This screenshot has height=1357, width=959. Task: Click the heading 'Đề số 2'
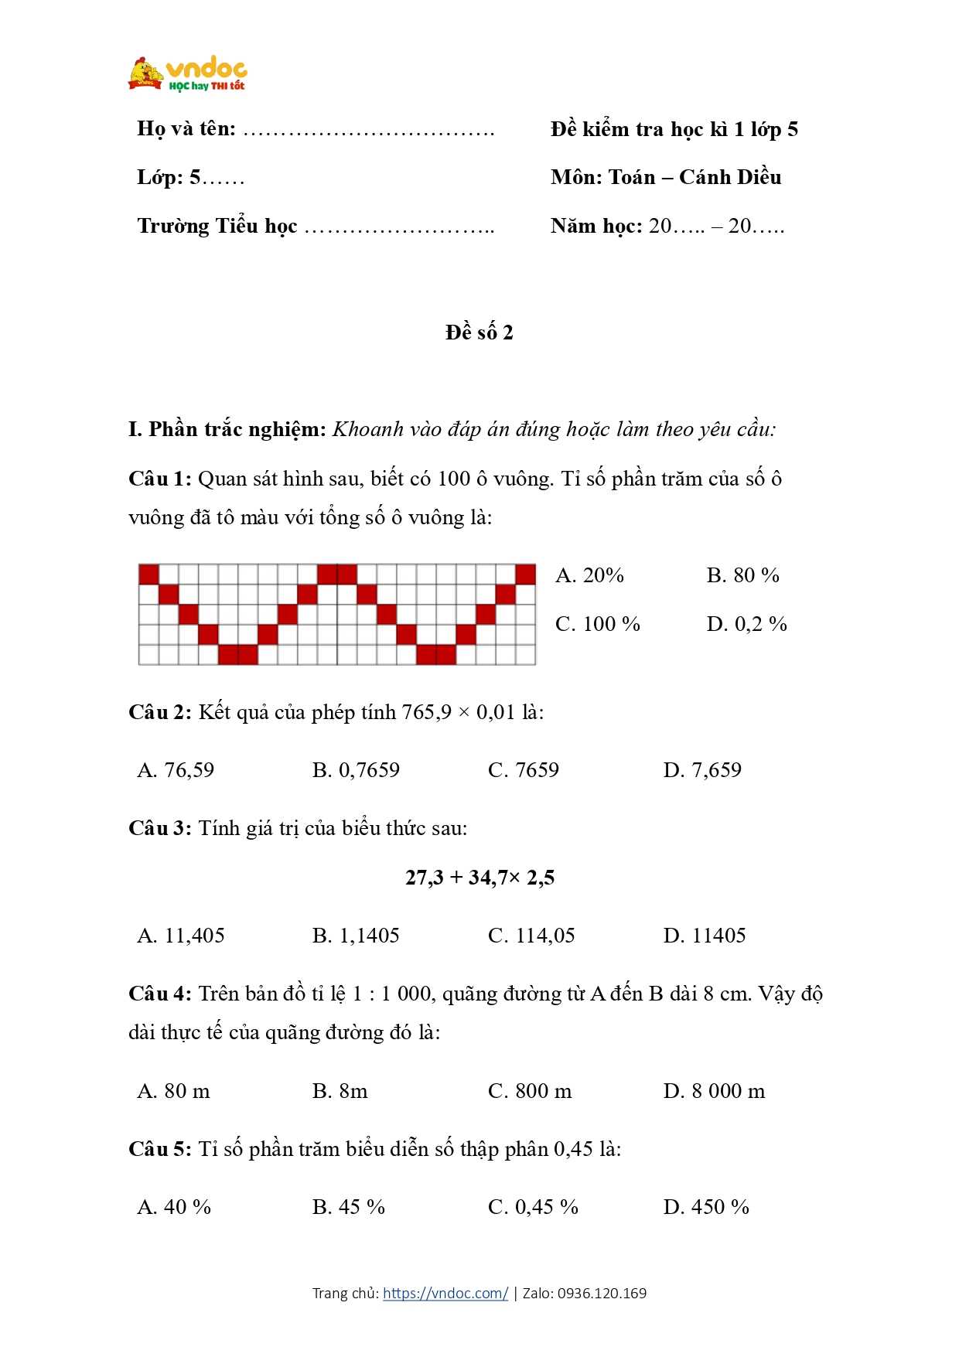click(479, 332)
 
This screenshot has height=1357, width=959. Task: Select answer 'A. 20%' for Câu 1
click(589, 575)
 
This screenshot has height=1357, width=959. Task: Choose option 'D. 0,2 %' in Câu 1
click(746, 624)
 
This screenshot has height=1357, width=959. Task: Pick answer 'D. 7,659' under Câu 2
click(702, 770)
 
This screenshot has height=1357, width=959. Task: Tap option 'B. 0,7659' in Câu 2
click(356, 770)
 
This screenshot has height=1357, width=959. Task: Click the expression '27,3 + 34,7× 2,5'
click(479, 878)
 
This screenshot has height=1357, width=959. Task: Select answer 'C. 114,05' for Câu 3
click(531, 936)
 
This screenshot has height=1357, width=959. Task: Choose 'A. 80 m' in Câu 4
click(173, 1091)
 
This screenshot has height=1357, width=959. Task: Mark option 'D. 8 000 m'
click(714, 1091)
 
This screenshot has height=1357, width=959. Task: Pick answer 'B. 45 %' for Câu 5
click(349, 1207)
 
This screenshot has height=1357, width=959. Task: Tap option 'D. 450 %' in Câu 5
click(706, 1207)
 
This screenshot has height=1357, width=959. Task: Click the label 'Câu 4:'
click(159, 994)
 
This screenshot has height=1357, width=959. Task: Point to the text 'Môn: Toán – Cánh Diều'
click(666, 177)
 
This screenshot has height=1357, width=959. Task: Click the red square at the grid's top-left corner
click(148, 575)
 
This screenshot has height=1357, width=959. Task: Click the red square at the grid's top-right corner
click(525, 575)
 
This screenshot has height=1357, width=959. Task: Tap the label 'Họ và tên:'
click(186, 128)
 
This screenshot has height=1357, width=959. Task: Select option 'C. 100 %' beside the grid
click(598, 624)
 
